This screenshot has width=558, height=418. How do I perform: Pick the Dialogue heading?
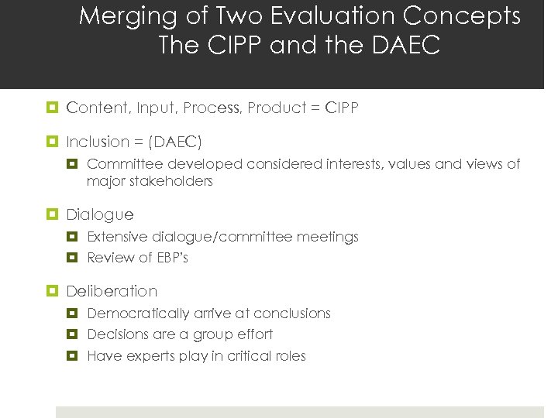[x=100, y=214]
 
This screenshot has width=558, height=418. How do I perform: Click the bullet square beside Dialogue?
[x=53, y=214]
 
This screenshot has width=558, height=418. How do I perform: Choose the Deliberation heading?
[x=112, y=291]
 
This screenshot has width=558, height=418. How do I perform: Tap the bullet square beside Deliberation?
[x=53, y=291]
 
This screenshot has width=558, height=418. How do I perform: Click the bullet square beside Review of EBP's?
[x=74, y=258]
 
